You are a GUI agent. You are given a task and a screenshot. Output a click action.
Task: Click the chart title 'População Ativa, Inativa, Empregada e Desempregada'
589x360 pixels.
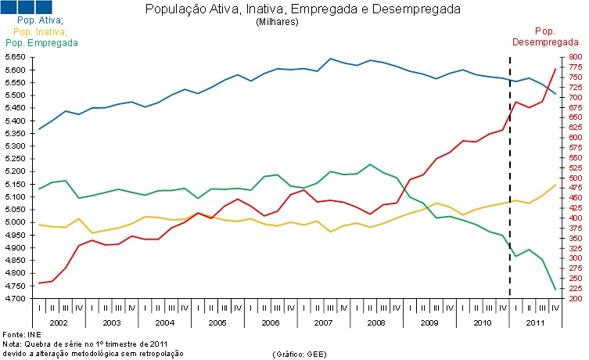pyautogui.click(x=303, y=9)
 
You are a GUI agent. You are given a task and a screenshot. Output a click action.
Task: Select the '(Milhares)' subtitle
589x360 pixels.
pyautogui.click(x=277, y=21)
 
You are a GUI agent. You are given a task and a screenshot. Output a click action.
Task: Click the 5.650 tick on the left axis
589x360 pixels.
pyautogui.click(x=15, y=57)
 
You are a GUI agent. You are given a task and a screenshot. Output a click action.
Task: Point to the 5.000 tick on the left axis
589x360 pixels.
pyautogui.click(x=15, y=222)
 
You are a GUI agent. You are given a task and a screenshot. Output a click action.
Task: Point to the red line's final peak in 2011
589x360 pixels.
pyautogui.click(x=555, y=69)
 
